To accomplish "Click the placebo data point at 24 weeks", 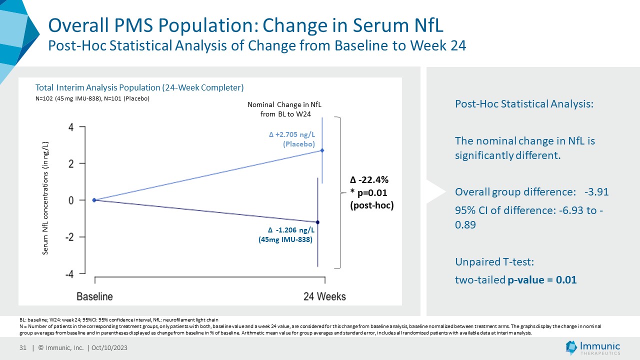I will [322, 150].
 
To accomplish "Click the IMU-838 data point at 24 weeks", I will [318, 222].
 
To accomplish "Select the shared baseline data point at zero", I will [94, 200].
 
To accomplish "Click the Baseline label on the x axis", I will [94, 296].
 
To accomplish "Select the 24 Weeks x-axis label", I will [324, 296].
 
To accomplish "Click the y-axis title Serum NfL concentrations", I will [45, 198].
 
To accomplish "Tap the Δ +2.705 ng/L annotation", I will [292, 135].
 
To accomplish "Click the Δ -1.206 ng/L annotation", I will [291, 230].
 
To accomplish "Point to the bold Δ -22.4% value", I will [369, 180].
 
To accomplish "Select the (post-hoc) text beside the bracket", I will [372, 205].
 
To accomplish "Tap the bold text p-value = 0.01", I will [542, 280].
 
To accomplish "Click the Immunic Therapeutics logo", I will [593, 347].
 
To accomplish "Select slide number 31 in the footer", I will [22, 348].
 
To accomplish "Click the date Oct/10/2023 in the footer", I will [112, 348].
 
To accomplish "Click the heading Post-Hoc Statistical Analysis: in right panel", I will [524, 104].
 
